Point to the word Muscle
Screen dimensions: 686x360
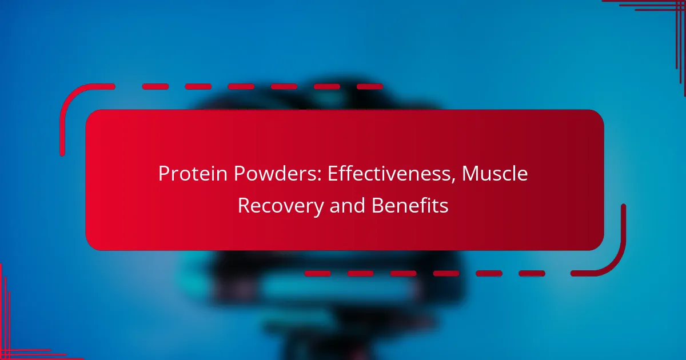click(x=495, y=174)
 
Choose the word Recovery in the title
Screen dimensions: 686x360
click(x=281, y=206)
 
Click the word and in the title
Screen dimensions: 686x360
click(x=348, y=205)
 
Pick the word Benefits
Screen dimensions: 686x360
click(x=410, y=205)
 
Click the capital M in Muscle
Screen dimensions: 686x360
click(x=470, y=174)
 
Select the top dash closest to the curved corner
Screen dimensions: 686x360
click(x=155, y=87)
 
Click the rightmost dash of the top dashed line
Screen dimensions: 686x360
click(x=370, y=87)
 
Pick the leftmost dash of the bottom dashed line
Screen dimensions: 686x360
click(x=317, y=273)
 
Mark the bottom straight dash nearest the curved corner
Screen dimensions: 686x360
click(x=532, y=273)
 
